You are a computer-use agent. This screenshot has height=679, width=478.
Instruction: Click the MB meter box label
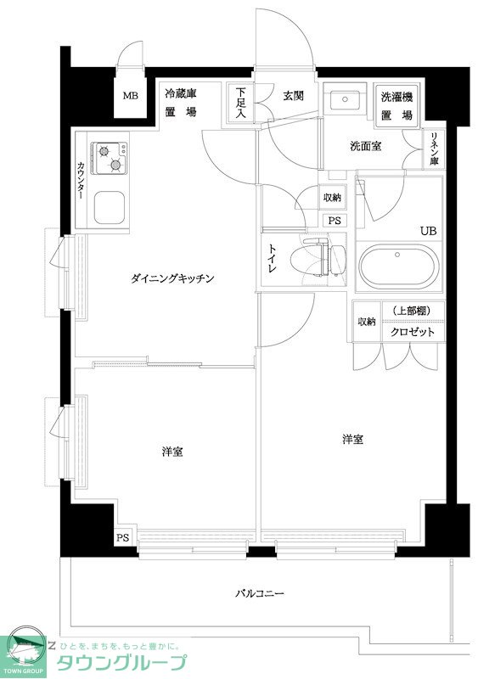click(130, 95)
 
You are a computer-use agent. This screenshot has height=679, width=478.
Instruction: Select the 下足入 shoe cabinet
click(241, 103)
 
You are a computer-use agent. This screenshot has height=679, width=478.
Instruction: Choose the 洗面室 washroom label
click(365, 146)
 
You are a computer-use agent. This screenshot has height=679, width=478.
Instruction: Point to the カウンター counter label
click(81, 179)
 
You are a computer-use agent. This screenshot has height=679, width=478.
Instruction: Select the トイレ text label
click(273, 256)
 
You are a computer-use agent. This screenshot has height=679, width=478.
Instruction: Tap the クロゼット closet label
click(413, 332)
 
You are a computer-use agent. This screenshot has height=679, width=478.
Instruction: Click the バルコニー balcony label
click(260, 593)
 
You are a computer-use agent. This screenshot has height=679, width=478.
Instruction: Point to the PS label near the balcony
click(122, 537)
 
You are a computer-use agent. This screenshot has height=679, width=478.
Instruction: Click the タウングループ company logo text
click(120, 663)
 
